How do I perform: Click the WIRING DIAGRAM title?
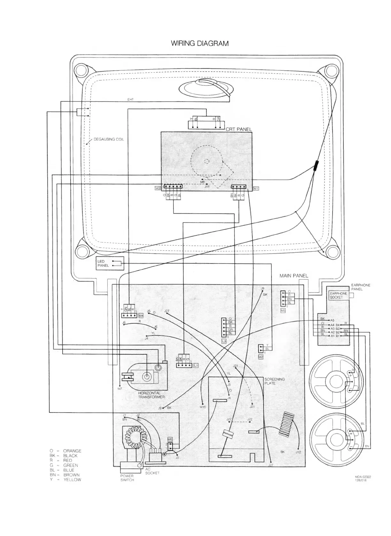click(200, 43)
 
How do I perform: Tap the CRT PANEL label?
click(238, 130)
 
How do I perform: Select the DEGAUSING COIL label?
click(109, 139)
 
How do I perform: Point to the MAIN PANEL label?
click(294, 275)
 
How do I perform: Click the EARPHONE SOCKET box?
click(338, 295)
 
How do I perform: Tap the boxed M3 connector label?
click(157, 188)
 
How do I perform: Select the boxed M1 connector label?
click(256, 188)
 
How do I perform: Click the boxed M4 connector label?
click(141, 315)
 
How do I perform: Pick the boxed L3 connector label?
click(224, 341)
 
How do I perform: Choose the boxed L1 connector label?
click(196, 365)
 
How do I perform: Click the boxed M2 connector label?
click(261, 357)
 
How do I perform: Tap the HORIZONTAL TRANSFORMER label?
click(151, 395)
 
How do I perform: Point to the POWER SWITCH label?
click(127, 478)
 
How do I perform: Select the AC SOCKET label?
click(152, 471)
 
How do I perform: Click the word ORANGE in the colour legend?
click(72, 451)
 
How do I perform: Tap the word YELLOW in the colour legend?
click(72, 480)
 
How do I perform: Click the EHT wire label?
click(130, 99)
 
